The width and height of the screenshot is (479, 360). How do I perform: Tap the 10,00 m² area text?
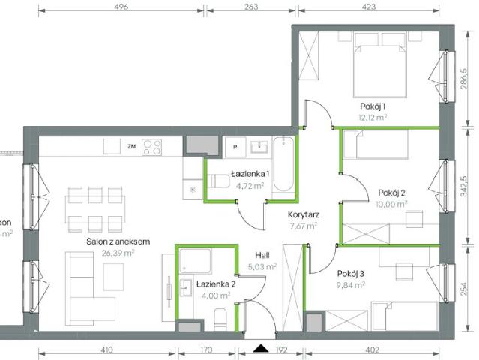tap(392, 203)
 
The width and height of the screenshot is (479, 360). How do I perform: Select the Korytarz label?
tap(303, 214)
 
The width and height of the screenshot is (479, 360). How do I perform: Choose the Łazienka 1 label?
tap(251, 175)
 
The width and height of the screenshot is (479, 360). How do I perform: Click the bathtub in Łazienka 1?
tap(283, 169)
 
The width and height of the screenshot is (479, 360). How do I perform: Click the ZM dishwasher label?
tap(131, 146)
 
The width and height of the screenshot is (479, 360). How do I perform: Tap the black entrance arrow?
tap(261, 348)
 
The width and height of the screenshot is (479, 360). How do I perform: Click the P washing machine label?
tap(235, 146)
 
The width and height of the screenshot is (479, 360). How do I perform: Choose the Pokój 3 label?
tap(349, 274)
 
